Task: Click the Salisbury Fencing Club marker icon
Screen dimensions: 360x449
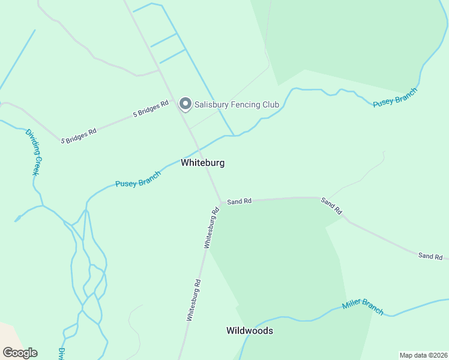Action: point(185,104)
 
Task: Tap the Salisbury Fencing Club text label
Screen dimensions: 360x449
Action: point(237,104)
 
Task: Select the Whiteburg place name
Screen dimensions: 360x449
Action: point(203,163)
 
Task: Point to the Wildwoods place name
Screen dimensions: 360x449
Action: point(250,331)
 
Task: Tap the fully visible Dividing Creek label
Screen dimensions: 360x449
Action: point(32,152)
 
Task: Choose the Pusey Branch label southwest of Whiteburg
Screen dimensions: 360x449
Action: point(138,179)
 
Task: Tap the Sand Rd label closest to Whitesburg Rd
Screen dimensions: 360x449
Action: point(239,202)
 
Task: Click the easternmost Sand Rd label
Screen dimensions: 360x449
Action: point(430,256)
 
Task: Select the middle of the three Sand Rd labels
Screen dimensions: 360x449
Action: point(331,206)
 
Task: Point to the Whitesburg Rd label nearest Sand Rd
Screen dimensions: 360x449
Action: point(210,228)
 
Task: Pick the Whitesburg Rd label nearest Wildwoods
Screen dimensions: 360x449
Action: point(193,299)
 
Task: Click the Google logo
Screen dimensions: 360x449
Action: point(20,353)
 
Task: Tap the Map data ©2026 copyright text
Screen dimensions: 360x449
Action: point(423,355)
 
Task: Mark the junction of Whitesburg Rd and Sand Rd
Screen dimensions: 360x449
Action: point(220,203)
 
